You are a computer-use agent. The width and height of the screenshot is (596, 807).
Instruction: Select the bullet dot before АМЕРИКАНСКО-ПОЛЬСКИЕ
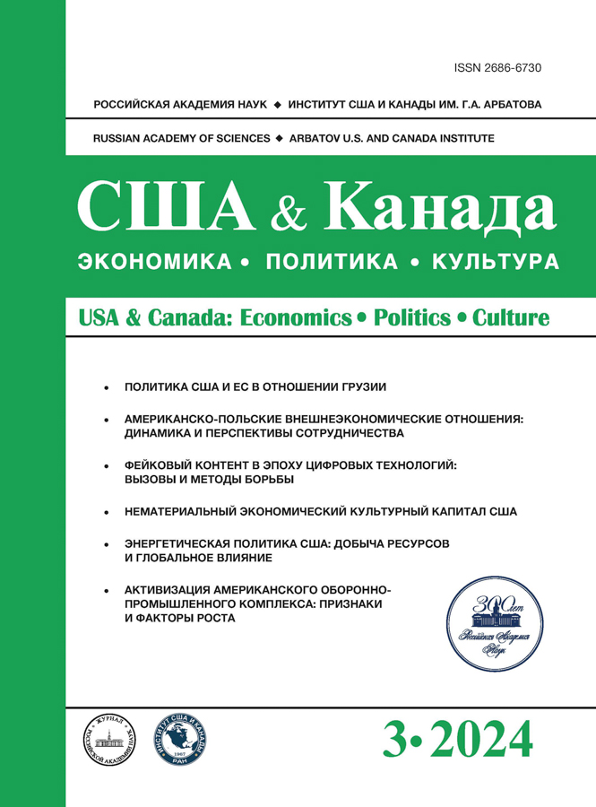tap(106, 419)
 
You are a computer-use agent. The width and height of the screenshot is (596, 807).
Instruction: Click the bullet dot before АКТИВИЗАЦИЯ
tap(106, 590)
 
